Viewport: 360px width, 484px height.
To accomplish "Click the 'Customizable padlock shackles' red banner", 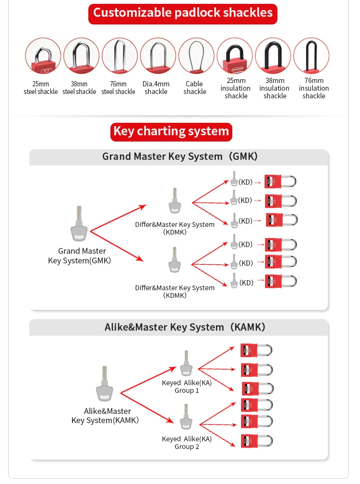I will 183,13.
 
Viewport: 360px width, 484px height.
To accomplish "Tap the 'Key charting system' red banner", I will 171,131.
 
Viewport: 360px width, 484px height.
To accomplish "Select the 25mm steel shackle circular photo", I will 43,56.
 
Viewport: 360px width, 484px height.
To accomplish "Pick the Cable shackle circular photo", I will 196,56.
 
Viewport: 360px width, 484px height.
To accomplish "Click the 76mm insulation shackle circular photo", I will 312,56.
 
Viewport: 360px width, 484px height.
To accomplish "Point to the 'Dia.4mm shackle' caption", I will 156,88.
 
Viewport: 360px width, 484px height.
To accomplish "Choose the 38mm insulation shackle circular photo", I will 273,56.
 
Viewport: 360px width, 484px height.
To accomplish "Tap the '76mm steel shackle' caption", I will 118,88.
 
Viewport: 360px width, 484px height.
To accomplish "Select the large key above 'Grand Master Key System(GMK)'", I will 80,224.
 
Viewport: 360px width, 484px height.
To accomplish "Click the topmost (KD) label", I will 245,182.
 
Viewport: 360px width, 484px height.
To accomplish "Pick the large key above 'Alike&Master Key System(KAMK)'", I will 105,384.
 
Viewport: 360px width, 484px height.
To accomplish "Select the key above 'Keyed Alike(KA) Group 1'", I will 186,364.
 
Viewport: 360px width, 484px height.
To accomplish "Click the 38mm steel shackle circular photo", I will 81,56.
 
